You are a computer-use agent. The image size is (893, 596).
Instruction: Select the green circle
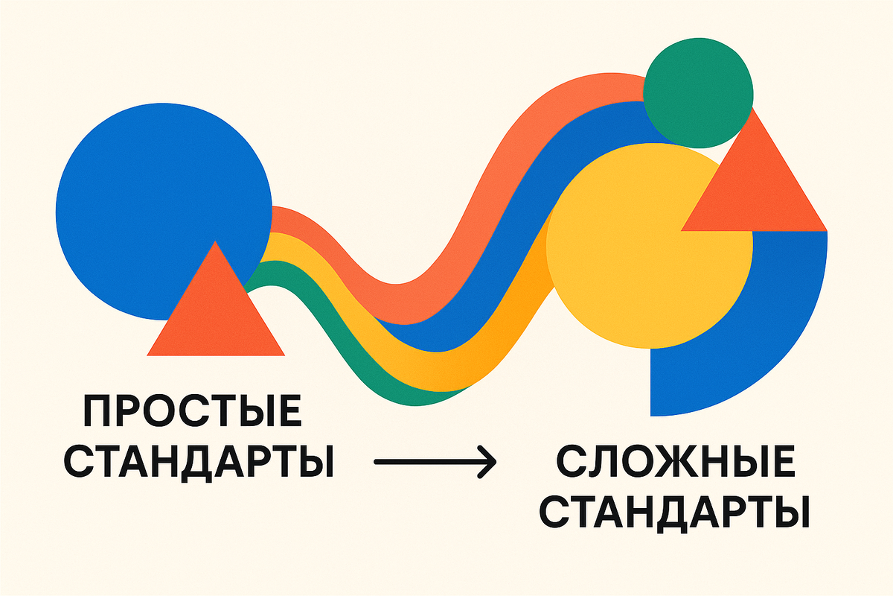(x=697, y=93)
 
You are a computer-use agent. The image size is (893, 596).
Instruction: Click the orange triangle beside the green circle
(x=759, y=190)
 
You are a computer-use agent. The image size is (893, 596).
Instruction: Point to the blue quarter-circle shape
(x=789, y=335)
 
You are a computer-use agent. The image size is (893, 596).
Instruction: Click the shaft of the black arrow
(x=424, y=463)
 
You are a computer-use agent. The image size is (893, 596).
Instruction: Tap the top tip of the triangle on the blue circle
(x=216, y=243)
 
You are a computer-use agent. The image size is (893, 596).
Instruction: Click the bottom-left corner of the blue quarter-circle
(x=653, y=413)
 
